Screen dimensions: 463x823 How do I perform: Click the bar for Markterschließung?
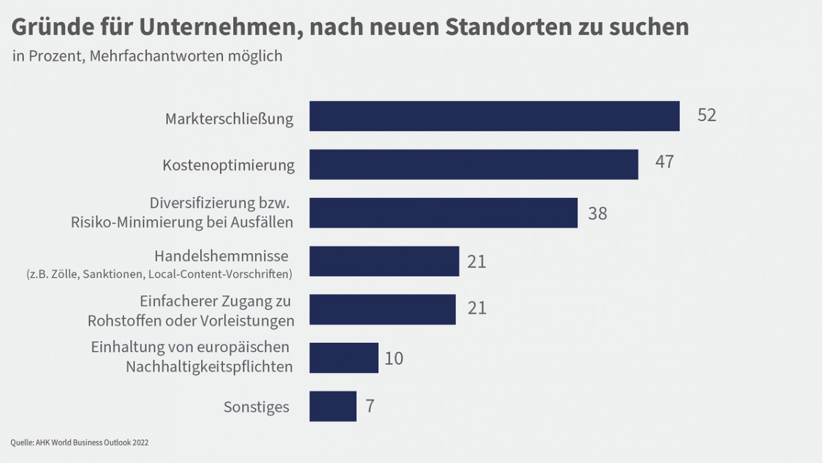pos(494,116)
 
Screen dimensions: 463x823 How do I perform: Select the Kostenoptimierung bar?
pos(474,165)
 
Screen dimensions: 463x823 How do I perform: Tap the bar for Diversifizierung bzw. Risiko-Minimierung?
pos(443,213)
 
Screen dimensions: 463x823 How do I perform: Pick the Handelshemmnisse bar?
pos(384,261)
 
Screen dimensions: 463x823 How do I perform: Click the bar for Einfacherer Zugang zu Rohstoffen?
pos(382,309)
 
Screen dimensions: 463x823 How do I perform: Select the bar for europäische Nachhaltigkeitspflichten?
pos(344,358)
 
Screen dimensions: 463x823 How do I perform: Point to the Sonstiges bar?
pos(333,406)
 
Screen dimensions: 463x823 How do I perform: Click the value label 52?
pos(706,116)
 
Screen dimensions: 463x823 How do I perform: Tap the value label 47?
pos(664,162)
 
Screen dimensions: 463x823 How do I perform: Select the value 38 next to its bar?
pos(597,214)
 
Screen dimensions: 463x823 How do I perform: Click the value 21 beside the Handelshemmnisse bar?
pos(477,261)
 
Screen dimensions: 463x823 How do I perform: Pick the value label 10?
pos(393,358)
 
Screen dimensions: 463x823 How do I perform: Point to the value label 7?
pos(370,406)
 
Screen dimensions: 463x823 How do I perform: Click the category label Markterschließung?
pos(229,118)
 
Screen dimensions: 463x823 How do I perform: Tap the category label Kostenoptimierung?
pos(228,165)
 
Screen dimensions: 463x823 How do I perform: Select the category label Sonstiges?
pos(256,407)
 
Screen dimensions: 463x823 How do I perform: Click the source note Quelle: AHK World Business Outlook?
pos(80,443)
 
